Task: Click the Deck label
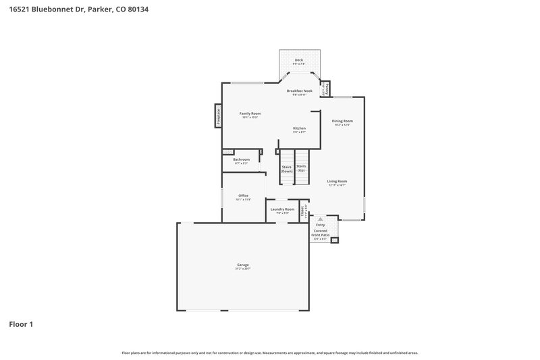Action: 299,61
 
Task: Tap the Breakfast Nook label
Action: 299,91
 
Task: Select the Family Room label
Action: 250,114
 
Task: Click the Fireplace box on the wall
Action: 218,115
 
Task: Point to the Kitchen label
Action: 299,129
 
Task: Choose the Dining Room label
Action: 342,122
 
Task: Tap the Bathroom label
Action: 241,160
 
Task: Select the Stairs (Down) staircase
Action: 287,169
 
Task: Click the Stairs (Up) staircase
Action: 301,168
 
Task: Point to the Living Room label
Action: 337,182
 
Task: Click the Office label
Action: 243,197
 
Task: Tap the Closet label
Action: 303,210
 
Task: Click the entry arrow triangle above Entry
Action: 320,219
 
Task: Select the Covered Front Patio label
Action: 320,232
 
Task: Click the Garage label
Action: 242,265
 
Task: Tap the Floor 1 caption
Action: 21,324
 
